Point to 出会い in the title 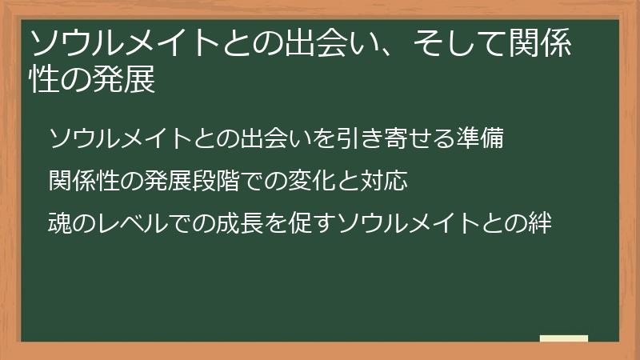pos(321,44)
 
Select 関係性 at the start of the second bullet pos(84,181)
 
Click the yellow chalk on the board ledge pos(563,338)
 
